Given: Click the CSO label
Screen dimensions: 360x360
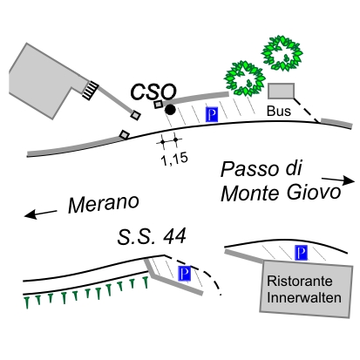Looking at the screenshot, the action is pos(153,92).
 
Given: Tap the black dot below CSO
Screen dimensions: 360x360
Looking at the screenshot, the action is pos(170,110).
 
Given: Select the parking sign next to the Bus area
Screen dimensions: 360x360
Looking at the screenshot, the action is pos(212,114).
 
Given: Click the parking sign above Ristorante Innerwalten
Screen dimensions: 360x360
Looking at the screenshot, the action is pos(302,253).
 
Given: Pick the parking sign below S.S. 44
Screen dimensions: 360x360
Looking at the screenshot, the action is pos(185,273).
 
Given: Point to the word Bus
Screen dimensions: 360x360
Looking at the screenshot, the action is pos(279,111).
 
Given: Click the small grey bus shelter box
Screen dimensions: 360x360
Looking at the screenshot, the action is pos(281,91).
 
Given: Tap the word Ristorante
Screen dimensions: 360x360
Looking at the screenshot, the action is pos(300,281).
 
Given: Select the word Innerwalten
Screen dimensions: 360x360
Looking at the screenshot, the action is pos(304,298).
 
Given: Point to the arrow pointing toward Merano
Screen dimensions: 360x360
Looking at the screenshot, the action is pos(41,214).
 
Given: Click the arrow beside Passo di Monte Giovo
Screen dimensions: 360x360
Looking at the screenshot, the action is pos(338,180).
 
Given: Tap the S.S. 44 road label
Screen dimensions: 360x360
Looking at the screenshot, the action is pos(152,236).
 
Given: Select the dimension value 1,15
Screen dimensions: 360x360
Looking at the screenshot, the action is pos(174,159).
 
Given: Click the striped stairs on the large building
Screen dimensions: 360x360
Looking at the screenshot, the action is pos(90,90).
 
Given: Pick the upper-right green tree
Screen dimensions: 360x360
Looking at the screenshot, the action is pos(282,53).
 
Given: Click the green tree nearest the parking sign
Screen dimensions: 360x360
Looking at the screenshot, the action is pos(245,78).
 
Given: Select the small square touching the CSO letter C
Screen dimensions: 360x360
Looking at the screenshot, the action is pos(159,105).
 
